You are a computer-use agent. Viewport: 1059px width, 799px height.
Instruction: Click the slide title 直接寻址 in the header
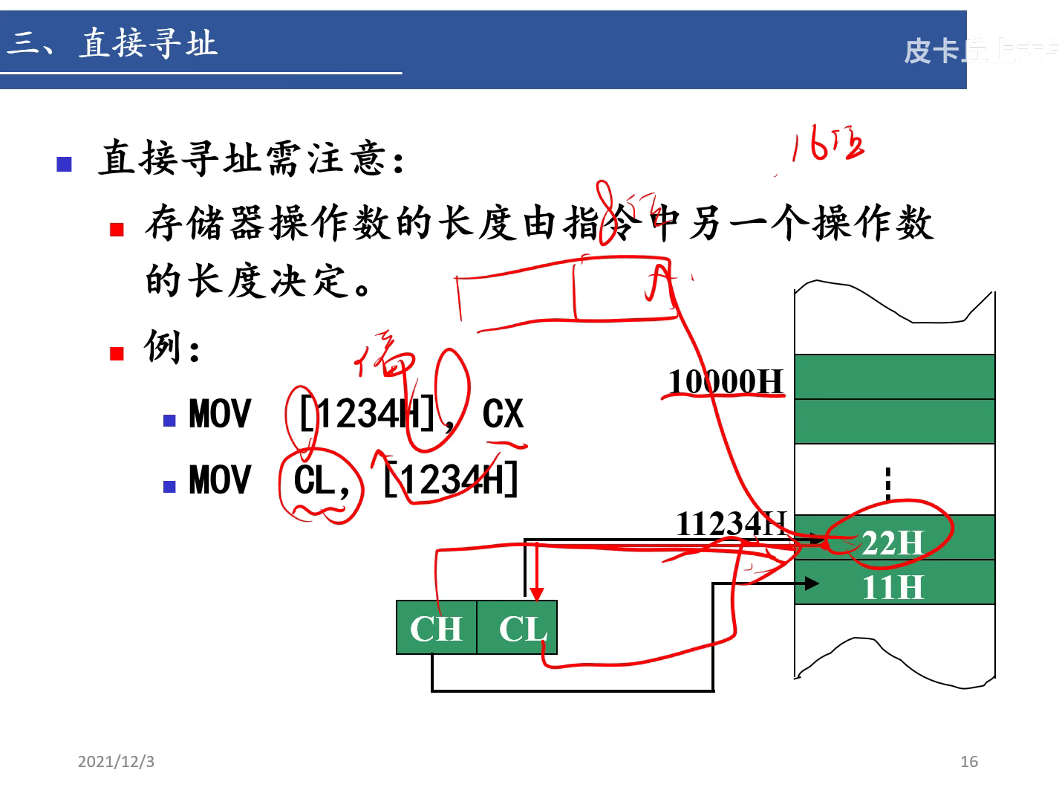(149, 43)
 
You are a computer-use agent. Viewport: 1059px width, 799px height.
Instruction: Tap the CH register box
(437, 628)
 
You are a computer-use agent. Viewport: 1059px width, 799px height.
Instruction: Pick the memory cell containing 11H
(894, 584)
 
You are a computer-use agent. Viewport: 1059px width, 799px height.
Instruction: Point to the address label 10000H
(726, 381)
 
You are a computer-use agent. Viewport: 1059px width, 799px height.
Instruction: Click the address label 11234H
(731, 524)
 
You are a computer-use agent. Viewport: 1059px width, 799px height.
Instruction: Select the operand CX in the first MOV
(503, 414)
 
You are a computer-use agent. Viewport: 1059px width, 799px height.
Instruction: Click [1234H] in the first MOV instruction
(368, 414)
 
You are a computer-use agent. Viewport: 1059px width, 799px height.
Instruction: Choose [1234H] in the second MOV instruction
(451, 479)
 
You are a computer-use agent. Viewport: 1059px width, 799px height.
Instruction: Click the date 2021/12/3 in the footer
(116, 762)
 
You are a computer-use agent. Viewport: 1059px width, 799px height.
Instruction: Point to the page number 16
(968, 762)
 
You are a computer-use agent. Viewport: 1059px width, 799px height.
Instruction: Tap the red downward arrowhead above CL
(536, 594)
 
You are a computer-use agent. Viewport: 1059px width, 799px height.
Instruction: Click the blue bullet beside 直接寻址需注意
(65, 164)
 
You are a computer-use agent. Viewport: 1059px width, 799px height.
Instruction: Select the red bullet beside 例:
(117, 353)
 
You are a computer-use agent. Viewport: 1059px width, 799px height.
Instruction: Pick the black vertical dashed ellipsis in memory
(888, 483)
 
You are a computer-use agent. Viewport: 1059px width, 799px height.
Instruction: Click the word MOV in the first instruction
(220, 414)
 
